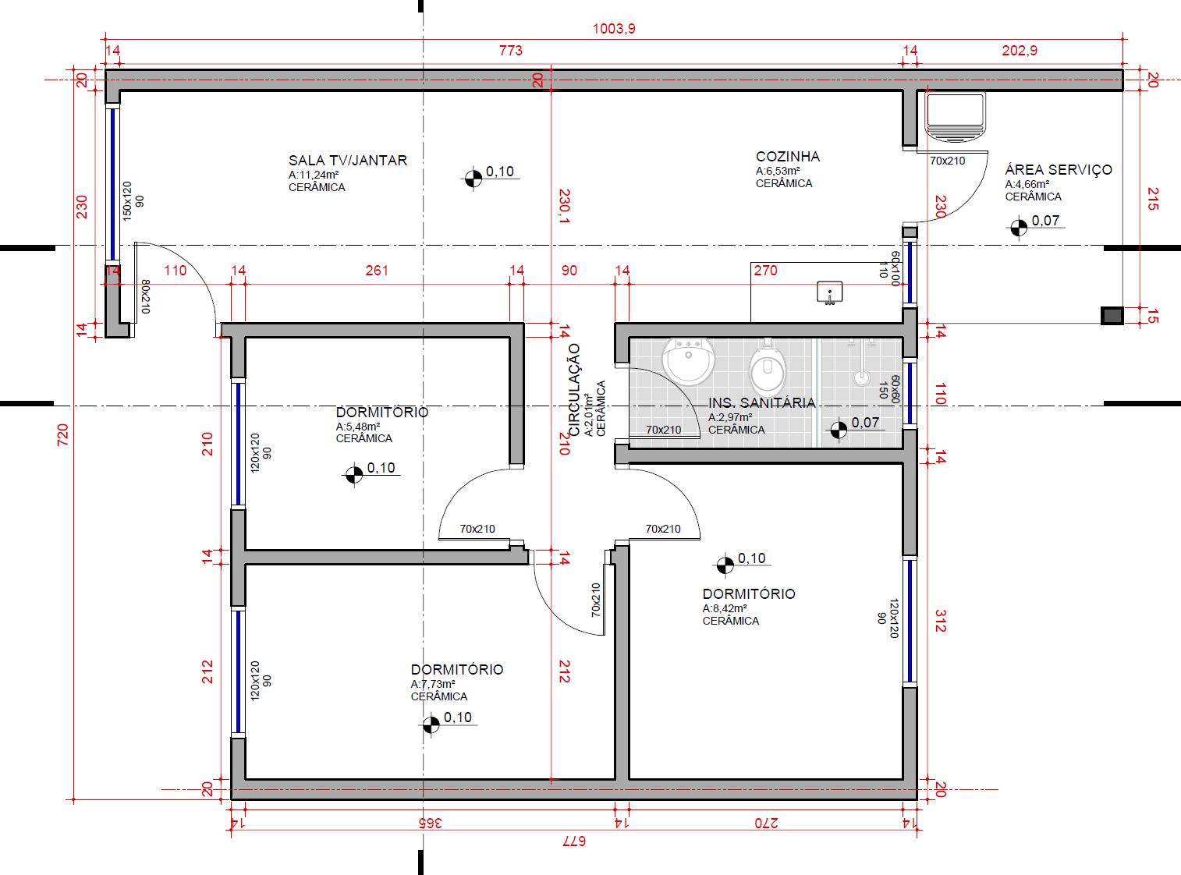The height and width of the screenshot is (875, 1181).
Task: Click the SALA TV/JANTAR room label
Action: point(347,161)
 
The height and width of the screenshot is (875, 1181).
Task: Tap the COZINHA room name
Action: point(787,157)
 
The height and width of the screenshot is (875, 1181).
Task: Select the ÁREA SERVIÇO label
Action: point(1058,170)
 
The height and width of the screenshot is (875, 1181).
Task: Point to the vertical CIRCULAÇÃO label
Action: point(575,389)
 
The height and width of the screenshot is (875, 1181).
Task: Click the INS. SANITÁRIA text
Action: point(761,403)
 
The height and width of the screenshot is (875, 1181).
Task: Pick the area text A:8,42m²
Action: point(725,609)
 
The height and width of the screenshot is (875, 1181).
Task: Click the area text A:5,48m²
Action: point(358,427)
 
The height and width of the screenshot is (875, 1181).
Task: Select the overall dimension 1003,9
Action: point(615,29)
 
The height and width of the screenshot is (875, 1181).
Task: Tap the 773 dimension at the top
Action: point(510,51)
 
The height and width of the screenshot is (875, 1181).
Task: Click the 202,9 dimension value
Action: point(1019,51)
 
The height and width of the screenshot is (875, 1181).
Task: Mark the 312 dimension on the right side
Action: point(939,621)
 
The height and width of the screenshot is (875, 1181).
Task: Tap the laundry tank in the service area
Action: point(955,115)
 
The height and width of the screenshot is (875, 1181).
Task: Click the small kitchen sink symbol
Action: point(829,292)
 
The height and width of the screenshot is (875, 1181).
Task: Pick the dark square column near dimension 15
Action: point(1112,316)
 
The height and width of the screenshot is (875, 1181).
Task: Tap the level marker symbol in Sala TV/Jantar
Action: point(472,179)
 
